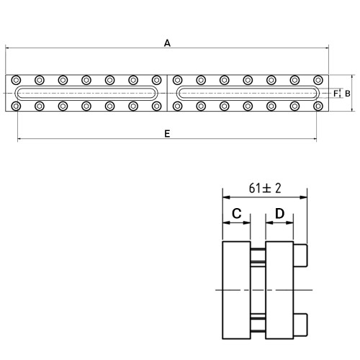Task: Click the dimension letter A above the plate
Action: [167, 43]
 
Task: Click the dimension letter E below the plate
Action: [167, 133]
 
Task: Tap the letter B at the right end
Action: [347, 94]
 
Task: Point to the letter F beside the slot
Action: [336, 94]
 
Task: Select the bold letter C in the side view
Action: [237, 213]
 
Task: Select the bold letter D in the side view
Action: [279, 213]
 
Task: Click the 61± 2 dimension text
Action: [265, 188]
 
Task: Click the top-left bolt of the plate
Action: [16, 80]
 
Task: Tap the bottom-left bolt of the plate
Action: [16, 106]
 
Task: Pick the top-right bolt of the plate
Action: [318, 80]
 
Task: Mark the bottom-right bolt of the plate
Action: [318, 106]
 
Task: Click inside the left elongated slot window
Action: [86, 93]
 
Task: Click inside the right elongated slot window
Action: [248, 93]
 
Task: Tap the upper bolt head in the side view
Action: [300, 256]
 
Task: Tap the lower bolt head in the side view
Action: [300, 325]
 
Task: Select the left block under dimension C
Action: [237, 290]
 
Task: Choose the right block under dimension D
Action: [279, 290]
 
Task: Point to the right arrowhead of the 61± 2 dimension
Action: [304, 197]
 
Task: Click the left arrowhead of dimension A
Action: [7, 48]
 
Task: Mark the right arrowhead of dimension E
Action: [315, 139]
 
